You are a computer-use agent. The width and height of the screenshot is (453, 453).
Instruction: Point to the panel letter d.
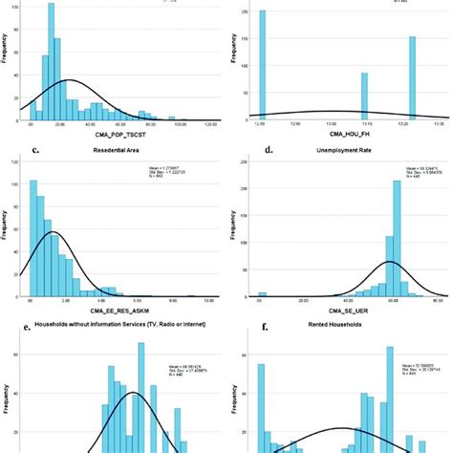[253, 151]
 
